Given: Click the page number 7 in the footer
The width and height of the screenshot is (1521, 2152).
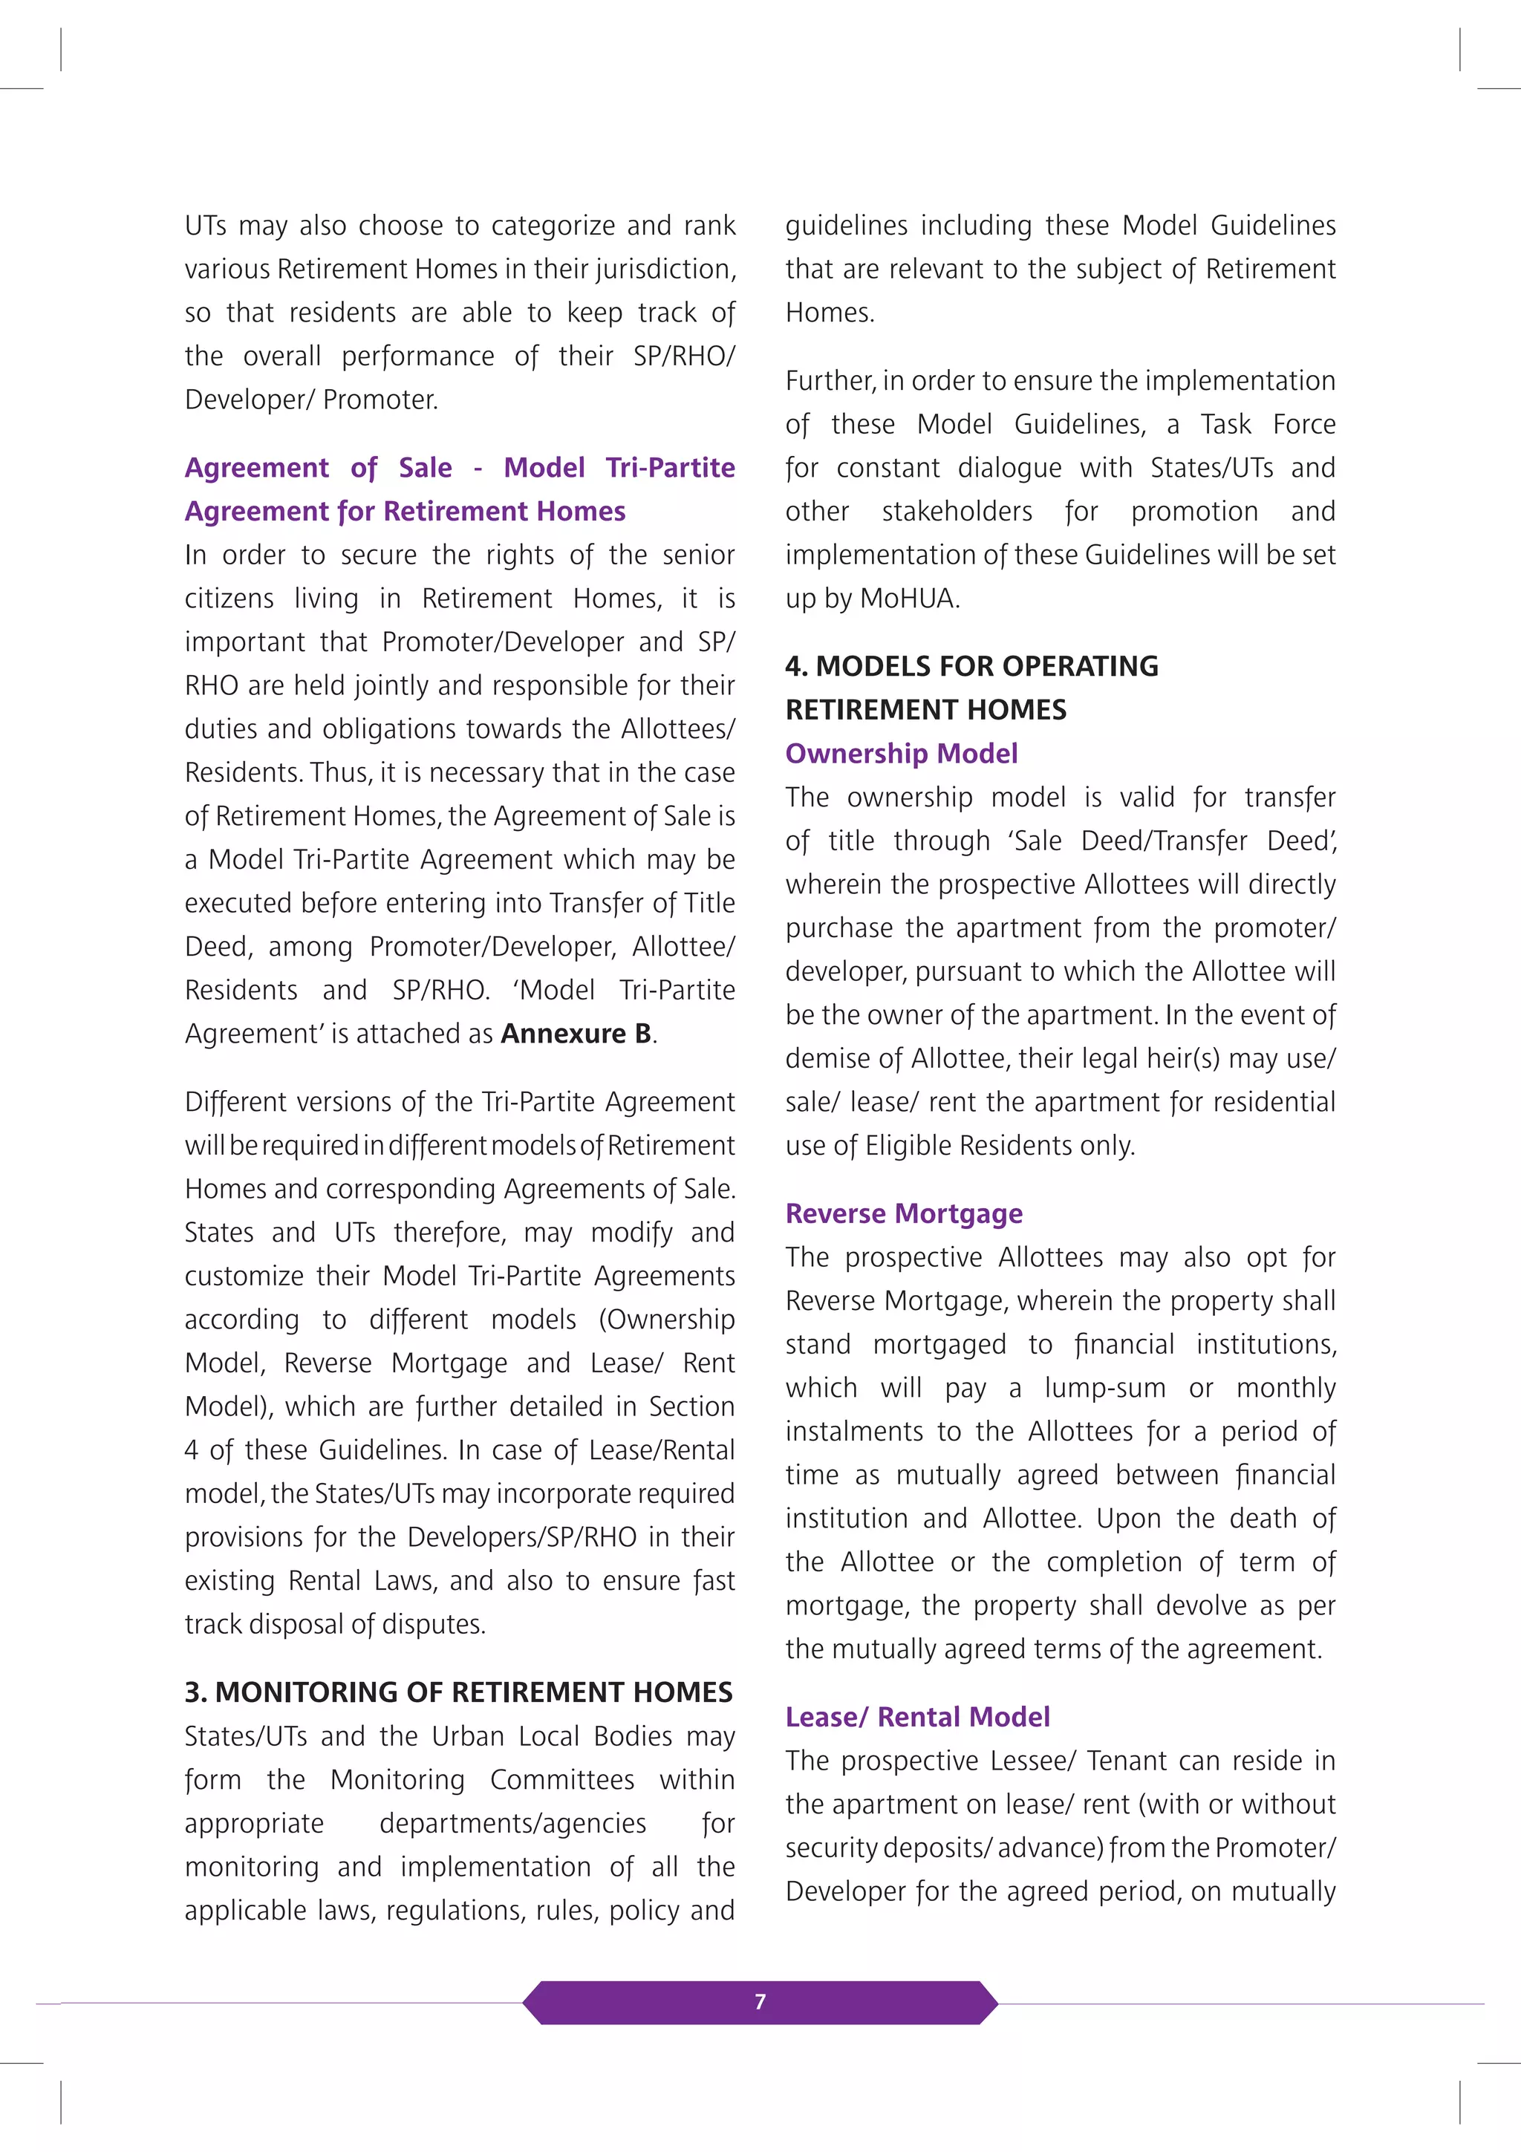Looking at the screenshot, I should tap(760, 2002).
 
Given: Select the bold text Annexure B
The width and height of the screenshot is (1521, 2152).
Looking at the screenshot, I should tap(576, 1034).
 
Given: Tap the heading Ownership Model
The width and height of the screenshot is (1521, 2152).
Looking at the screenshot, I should tap(901, 754).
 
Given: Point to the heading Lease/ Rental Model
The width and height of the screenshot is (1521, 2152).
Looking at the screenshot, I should tap(916, 1717).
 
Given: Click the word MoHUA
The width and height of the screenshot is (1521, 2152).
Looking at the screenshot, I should tap(908, 599).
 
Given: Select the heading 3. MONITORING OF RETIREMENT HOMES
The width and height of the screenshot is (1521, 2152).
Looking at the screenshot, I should tap(458, 1693).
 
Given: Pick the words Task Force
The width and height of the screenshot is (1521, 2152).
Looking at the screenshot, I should tap(1268, 425).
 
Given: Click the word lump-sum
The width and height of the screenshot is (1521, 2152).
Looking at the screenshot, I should tap(1105, 1388).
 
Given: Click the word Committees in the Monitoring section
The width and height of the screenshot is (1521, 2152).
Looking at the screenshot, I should tap(561, 1780).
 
